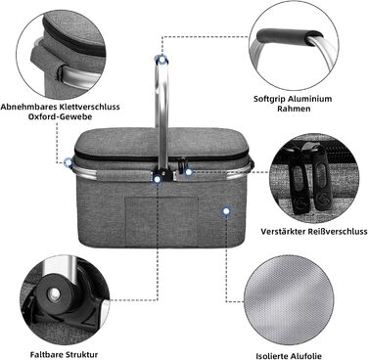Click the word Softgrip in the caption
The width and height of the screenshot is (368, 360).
tap(270, 99)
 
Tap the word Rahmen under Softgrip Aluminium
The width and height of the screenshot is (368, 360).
tap(294, 109)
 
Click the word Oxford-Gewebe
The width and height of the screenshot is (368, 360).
tap(61, 116)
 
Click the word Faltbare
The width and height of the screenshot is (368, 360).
tap(47, 354)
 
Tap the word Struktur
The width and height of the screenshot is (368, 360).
tap(81, 354)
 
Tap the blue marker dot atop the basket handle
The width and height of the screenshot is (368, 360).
tap(161, 60)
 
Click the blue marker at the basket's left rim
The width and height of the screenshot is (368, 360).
tap(69, 162)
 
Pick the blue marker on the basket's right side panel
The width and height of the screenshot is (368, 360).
tap(226, 211)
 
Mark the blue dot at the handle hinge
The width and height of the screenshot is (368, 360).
tap(158, 179)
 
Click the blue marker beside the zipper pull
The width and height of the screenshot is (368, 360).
tap(188, 172)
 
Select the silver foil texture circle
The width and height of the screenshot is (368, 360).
tap(289, 300)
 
